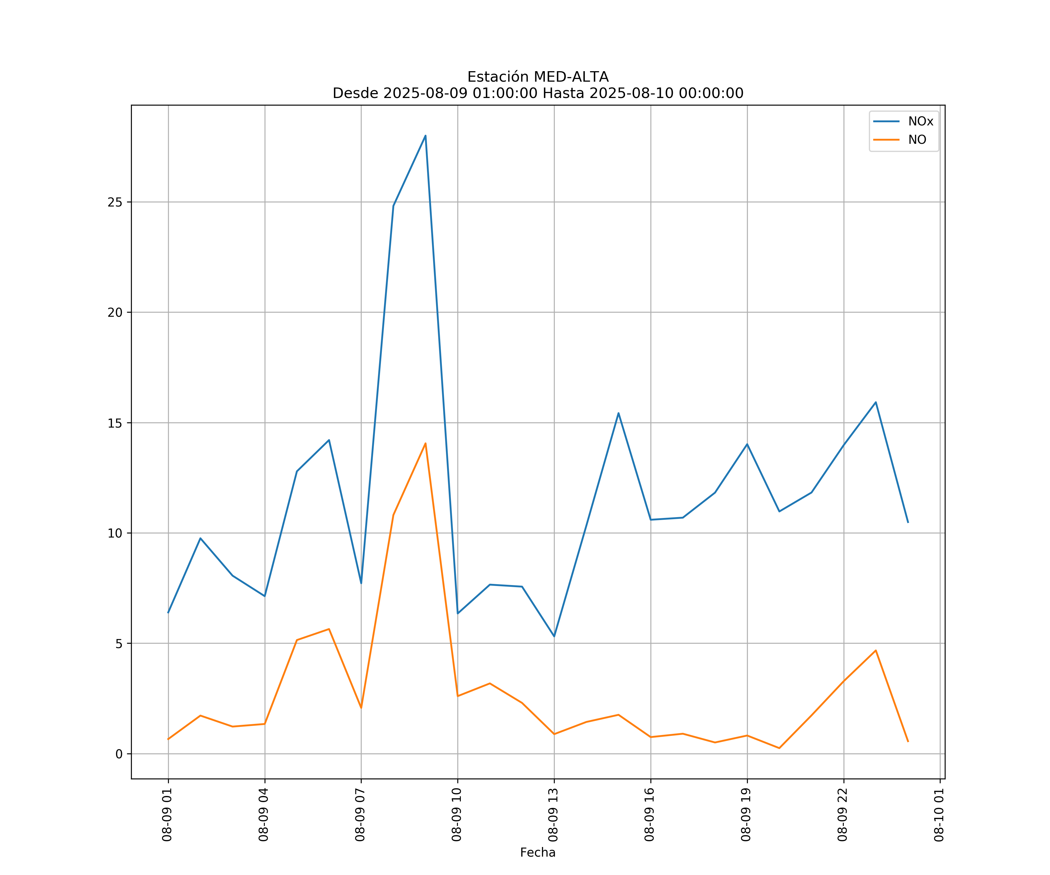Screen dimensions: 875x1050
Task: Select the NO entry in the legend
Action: [x=917, y=140]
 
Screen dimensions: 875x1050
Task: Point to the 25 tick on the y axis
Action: [x=115, y=202]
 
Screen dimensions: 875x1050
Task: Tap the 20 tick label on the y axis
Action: [x=115, y=312]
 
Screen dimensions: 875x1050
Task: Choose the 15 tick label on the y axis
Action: [x=115, y=423]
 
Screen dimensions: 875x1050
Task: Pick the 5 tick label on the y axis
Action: [x=118, y=643]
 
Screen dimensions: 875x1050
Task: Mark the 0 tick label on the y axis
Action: [x=118, y=754]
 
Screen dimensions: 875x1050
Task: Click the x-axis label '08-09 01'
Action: [x=167, y=815]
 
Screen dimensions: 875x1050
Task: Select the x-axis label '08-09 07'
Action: [x=360, y=815]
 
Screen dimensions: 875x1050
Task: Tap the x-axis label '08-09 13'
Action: [x=553, y=815]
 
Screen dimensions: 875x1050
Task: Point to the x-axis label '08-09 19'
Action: [x=746, y=815]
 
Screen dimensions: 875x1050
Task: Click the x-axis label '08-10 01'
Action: [x=939, y=815]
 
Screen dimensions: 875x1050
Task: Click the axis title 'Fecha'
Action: [x=538, y=853]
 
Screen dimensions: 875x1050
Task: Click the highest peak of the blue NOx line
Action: [x=426, y=136]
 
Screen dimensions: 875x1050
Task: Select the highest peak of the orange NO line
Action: [x=426, y=444]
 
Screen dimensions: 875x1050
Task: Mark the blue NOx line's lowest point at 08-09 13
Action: [x=554, y=636]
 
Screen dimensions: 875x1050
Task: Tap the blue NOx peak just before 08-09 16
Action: [x=619, y=413]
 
